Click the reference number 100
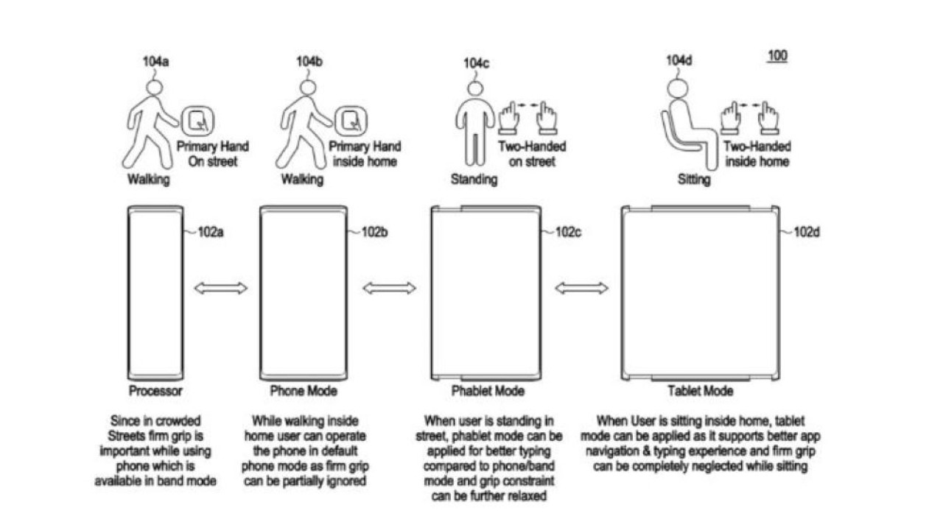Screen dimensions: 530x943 pyautogui.click(x=777, y=56)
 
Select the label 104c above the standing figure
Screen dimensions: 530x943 pyautogui.click(x=476, y=63)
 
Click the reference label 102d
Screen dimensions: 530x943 pyautogui.click(x=806, y=232)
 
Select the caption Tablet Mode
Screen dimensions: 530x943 pyautogui.click(x=700, y=391)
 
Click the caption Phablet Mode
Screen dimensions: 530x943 pyautogui.click(x=488, y=391)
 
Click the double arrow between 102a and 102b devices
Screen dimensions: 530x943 pyautogui.click(x=220, y=289)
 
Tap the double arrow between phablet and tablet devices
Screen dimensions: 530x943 pyautogui.click(x=581, y=289)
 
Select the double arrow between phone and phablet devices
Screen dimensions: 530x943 pyautogui.click(x=389, y=289)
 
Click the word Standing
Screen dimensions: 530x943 pyautogui.click(x=474, y=179)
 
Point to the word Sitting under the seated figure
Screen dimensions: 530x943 pyautogui.click(x=694, y=179)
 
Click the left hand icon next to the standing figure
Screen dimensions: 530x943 pyautogui.click(x=508, y=116)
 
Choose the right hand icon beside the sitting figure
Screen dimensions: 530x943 pyautogui.click(x=768, y=116)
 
